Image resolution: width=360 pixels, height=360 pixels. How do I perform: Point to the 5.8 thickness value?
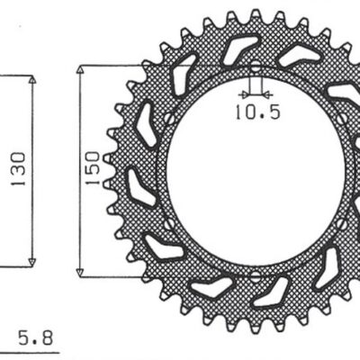pyautogui.click(x=36, y=339)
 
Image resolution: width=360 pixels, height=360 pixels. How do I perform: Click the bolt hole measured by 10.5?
pyautogui.click(x=254, y=69)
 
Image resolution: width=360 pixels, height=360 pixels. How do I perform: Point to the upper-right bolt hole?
pyautogui.click(x=340, y=119)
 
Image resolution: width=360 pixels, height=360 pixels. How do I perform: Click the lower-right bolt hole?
pyautogui.click(x=340, y=222)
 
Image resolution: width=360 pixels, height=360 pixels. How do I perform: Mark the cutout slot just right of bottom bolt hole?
pyautogui.click(x=275, y=292)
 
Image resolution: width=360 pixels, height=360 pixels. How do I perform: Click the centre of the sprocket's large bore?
pyautogui.click(x=254, y=171)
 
